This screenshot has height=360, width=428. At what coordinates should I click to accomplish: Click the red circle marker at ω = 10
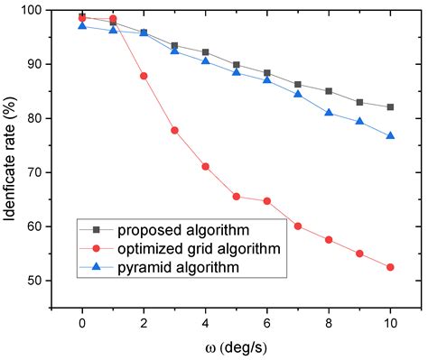pyautogui.click(x=390, y=267)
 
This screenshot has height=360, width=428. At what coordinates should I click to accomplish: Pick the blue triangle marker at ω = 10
pyautogui.click(x=390, y=135)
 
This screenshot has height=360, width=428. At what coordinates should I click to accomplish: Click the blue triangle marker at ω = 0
pyautogui.click(x=82, y=25)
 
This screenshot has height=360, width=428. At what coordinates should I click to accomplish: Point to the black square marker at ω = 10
pyautogui.click(x=390, y=106)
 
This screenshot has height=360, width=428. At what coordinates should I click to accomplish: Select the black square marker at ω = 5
pyautogui.click(x=237, y=65)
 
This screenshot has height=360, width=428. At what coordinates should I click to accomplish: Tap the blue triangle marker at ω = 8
pyautogui.click(x=329, y=113)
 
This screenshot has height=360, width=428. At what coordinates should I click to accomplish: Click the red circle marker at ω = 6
pyautogui.click(x=267, y=200)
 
